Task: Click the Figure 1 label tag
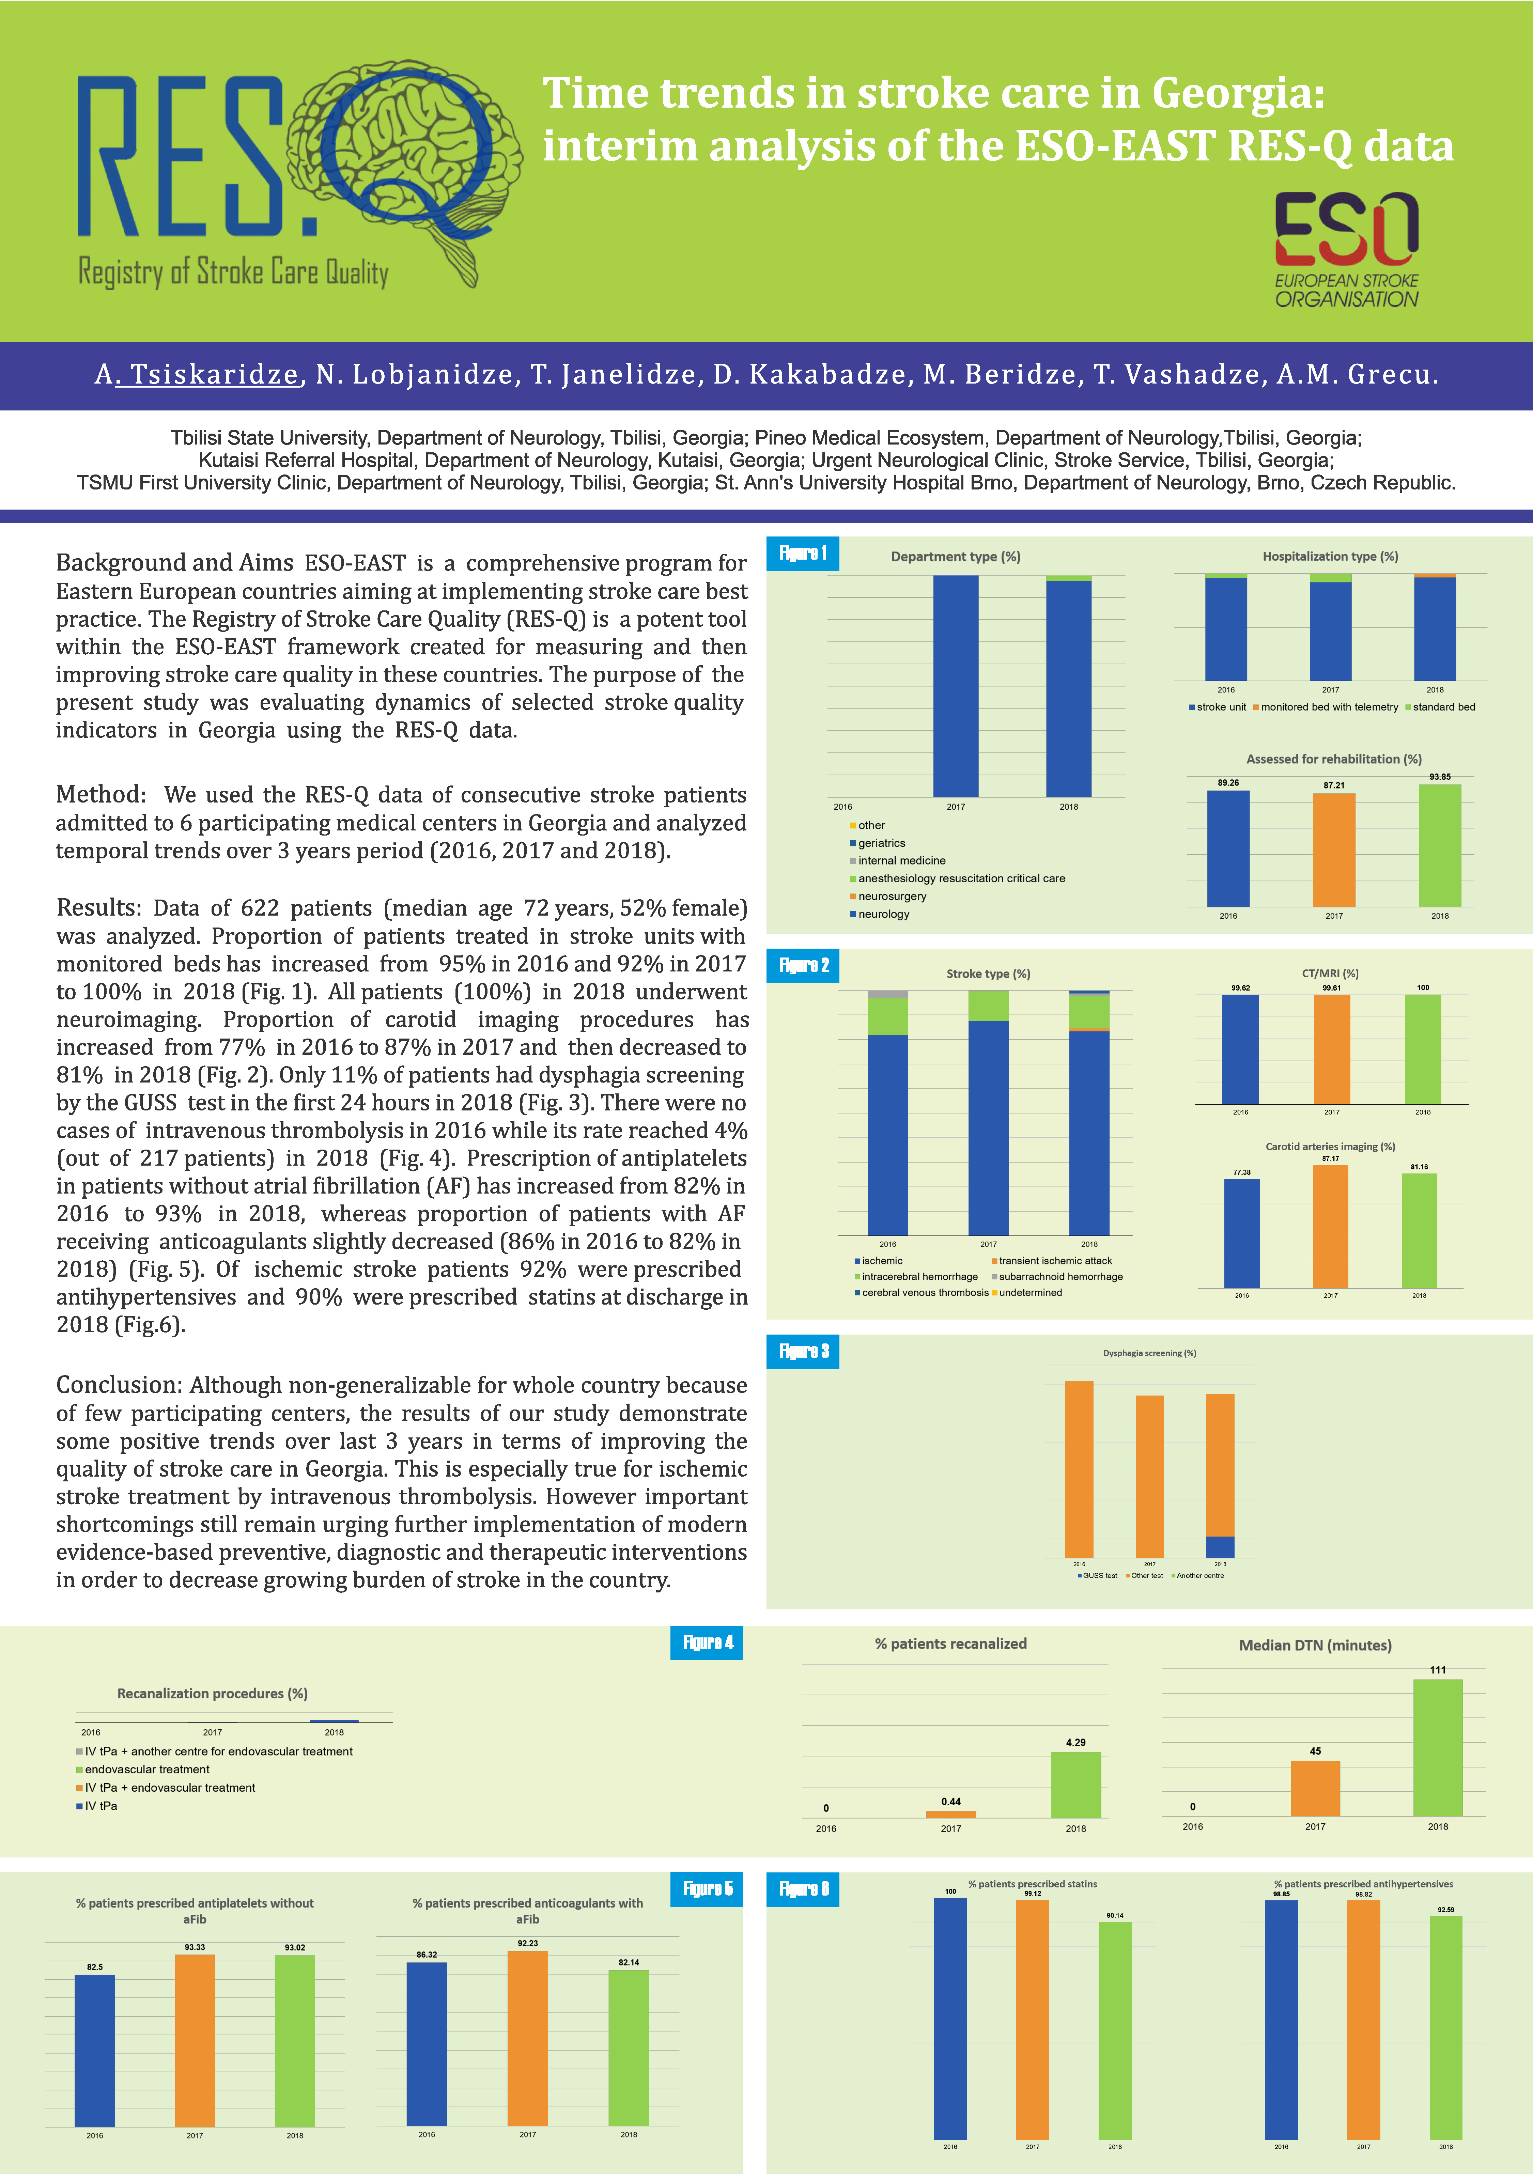click(803, 554)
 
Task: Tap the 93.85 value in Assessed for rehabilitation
click(1440, 777)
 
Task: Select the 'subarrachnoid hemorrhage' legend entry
click(1060, 1277)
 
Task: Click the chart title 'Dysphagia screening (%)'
click(1149, 1353)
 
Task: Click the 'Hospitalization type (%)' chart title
click(1330, 556)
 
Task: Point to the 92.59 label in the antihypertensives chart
click(1445, 1910)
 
